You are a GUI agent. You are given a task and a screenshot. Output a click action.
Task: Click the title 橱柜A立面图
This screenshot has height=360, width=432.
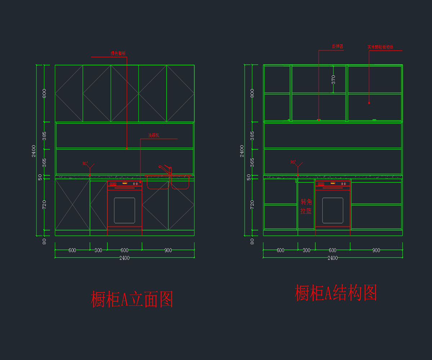(132, 300)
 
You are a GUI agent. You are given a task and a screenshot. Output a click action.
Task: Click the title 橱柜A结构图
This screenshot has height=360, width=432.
(336, 293)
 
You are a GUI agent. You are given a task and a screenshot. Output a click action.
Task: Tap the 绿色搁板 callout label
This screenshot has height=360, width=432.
(118, 54)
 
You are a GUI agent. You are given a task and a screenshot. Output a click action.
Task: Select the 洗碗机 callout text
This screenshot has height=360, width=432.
(154, 136)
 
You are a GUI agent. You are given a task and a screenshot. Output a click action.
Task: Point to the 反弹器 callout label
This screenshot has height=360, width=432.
(337, 47)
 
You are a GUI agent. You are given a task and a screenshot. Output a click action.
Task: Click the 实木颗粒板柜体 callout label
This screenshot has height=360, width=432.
(380, 47)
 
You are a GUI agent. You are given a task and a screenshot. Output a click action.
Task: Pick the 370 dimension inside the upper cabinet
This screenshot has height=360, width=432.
(333, 80)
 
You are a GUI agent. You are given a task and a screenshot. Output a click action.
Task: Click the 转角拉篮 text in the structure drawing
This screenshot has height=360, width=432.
(306, 207)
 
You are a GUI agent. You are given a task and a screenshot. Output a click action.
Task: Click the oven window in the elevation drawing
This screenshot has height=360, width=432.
(125, 210)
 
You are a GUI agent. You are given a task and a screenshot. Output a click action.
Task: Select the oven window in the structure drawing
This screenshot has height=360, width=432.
(333, 210)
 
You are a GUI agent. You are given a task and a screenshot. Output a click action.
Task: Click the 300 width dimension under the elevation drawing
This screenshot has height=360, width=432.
(98, 251)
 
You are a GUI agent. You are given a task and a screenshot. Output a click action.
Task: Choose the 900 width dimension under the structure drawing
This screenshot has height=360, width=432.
(376, 251)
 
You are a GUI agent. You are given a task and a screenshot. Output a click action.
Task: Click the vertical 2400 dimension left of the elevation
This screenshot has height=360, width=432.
(34, 151)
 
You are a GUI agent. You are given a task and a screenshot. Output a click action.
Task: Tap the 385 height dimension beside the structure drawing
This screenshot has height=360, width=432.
(252, 136)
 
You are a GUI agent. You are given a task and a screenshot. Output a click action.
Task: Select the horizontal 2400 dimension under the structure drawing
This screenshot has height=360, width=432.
(333, 258)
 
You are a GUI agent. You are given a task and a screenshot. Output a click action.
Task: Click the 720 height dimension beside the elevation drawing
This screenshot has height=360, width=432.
(44, 204)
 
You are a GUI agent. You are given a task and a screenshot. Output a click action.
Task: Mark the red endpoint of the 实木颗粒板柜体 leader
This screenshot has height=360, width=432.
(369, 103)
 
